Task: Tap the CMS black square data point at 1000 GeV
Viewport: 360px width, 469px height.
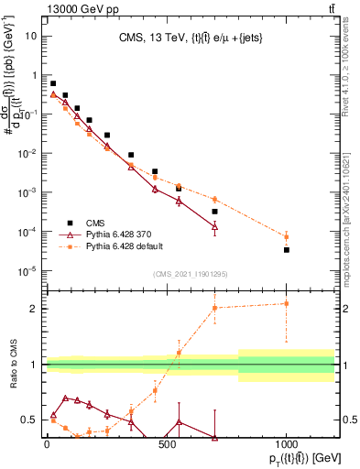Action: [287, 249]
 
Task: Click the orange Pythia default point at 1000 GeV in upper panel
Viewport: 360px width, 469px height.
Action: [287, 236]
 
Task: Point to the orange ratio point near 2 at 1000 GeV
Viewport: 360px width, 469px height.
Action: [287, 303]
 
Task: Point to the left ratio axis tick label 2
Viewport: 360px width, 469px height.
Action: [35, 309]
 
